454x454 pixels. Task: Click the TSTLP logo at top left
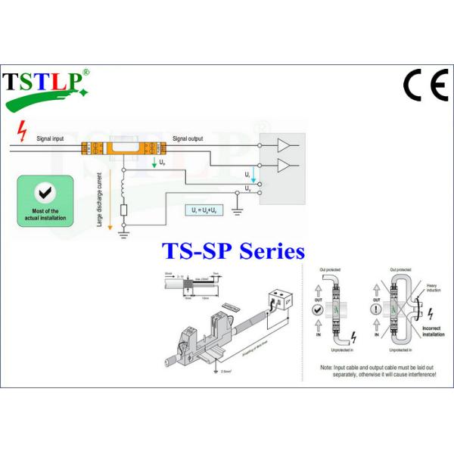[x=47, y=86]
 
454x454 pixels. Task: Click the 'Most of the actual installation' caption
[x=45, y=213]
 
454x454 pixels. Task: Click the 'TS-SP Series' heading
[x=234, y=250]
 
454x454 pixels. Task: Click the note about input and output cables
[x=378, y=370]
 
